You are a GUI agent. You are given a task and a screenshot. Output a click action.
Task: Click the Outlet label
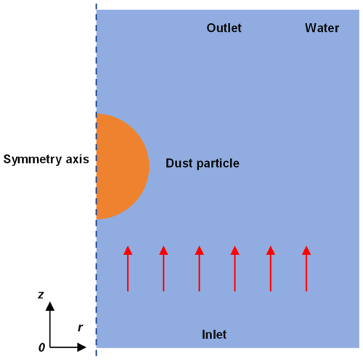[224, 28]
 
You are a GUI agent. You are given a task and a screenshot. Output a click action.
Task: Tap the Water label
[322, 28]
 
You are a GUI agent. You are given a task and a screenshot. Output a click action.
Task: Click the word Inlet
[214, 335]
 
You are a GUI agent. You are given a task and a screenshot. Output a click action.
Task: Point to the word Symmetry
[33, 160]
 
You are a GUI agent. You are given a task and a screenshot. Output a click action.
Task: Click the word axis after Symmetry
[78, 160]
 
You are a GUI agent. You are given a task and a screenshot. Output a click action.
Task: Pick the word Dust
[179, 163]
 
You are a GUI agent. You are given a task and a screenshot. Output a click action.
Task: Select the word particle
[218, 164]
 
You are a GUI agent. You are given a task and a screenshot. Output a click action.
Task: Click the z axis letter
[41, 295]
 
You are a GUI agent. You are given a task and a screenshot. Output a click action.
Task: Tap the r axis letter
[81, 327]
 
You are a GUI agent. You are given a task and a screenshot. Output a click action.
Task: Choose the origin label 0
[41, 348]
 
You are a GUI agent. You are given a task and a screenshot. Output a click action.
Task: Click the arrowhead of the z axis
[50, 306]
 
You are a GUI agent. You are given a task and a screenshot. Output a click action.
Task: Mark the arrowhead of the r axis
[81, 347]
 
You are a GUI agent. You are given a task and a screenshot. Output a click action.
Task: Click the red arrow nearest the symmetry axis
[128, 269]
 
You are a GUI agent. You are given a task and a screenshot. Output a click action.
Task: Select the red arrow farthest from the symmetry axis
[306, 269]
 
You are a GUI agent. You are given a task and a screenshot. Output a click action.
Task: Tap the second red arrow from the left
[163, 269]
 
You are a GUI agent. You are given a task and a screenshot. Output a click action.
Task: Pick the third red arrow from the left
[200, 269]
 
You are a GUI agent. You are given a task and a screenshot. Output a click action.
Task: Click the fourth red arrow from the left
[234, 269]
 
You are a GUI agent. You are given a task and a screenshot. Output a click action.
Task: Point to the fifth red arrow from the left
[271, 269]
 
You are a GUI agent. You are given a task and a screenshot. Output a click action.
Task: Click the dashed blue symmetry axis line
[97, 180]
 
